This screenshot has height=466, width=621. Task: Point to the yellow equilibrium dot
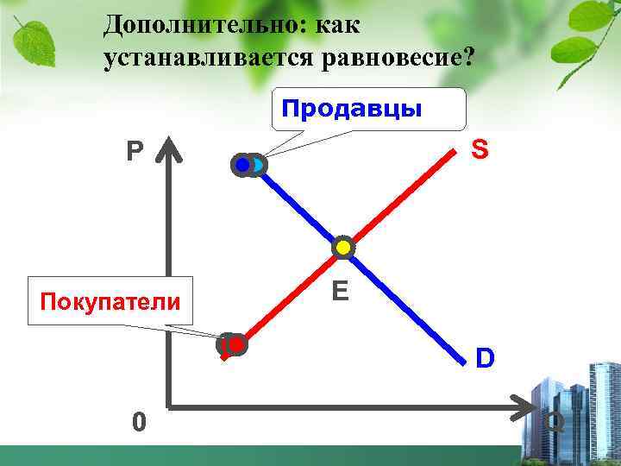click(343, 248)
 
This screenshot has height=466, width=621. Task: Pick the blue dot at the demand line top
click(244, 164)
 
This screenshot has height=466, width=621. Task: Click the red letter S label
click(480, 150)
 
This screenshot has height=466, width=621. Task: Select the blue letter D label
click(486, 356)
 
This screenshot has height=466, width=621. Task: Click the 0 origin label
click(139, 422)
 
